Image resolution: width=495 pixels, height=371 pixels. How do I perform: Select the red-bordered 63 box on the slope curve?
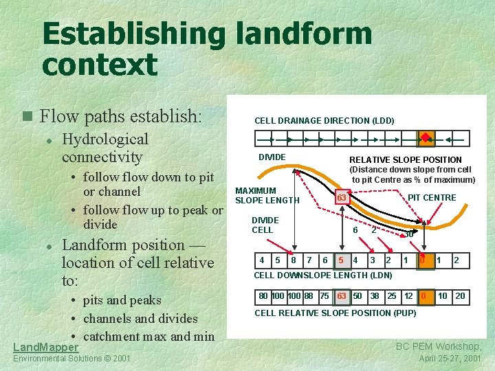coord(340,199)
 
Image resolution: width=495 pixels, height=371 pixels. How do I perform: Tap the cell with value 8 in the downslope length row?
coord(294,260)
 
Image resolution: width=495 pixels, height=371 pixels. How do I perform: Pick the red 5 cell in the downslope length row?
coord(341,260)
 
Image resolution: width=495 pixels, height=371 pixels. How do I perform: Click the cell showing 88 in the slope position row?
coord(308,296)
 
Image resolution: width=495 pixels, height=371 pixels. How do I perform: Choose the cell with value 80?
coord(263,296)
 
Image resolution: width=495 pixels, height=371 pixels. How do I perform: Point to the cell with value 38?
coord(374,296)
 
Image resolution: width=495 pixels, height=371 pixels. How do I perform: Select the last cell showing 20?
coord(460,296)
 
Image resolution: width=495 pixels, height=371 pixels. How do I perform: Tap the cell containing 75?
coord(324,296)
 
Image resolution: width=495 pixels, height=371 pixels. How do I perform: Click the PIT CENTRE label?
coord(432,198)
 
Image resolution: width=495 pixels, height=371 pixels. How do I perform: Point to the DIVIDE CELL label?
coord(265,225)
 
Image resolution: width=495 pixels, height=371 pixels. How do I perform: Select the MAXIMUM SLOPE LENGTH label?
coord(267,195)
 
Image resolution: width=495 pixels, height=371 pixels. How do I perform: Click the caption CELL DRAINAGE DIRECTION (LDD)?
coord(324,121)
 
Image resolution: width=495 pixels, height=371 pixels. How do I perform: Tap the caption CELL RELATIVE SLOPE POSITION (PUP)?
coord(335,313)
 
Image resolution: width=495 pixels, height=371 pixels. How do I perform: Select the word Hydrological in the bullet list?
coord(105,139)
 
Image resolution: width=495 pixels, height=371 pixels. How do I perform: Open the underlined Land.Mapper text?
coord(45,348)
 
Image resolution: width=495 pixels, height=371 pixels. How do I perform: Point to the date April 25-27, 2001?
coord(450,359)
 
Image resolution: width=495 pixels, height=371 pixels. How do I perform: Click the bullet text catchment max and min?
coord(149,337)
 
